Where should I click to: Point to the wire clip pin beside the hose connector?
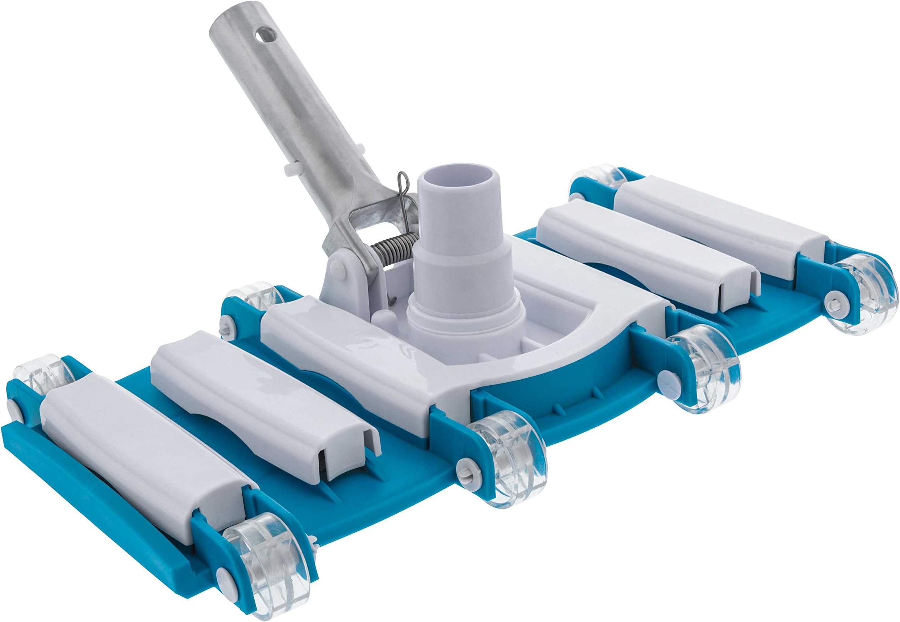pos(402,191)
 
